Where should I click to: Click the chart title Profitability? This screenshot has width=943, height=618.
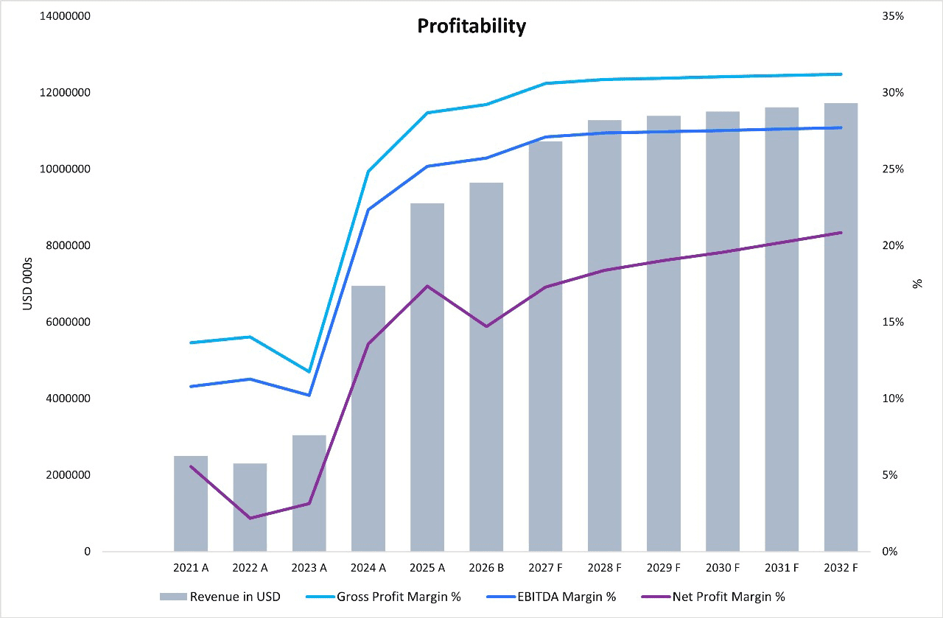(x=471, y=27)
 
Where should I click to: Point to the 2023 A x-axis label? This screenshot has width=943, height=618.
(x=309, y=568)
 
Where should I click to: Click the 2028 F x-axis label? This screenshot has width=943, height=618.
(x=605, y=568)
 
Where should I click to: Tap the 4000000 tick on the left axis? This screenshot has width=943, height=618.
(x=66, y=398)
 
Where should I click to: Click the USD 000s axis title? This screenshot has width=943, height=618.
(x=28, y=284)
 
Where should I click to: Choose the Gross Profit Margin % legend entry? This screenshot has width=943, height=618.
(x=399, y=597)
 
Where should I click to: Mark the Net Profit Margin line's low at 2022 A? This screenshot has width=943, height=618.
(x=250, y=518)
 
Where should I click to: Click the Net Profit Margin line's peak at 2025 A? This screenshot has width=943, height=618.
(x=427, y=286)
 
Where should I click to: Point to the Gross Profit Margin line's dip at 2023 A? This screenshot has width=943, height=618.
(x=309, y=372)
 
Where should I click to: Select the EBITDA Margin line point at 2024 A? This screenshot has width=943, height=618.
(x=368, y=210)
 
